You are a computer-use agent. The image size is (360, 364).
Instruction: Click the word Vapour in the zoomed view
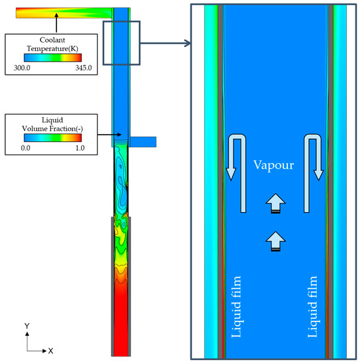[x=274, y=165]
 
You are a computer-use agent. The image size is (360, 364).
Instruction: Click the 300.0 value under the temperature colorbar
[x=22, y=68]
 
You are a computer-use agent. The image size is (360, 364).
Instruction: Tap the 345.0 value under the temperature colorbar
[x=83, y=68]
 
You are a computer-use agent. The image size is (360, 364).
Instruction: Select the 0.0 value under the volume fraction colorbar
[x=26, y=148]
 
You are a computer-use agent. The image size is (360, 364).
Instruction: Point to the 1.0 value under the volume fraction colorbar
[x=80, y=148]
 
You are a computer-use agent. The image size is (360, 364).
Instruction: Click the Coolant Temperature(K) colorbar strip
[x=53, y=58]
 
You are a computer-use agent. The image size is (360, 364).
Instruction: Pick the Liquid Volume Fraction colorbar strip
[x=53, y=137]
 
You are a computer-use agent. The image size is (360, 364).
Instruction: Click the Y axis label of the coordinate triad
[x=27, y=326]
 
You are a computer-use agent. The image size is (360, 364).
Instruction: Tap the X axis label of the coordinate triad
[x=50, y=351]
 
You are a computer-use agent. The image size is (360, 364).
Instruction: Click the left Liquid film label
[x=236, y=306]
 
